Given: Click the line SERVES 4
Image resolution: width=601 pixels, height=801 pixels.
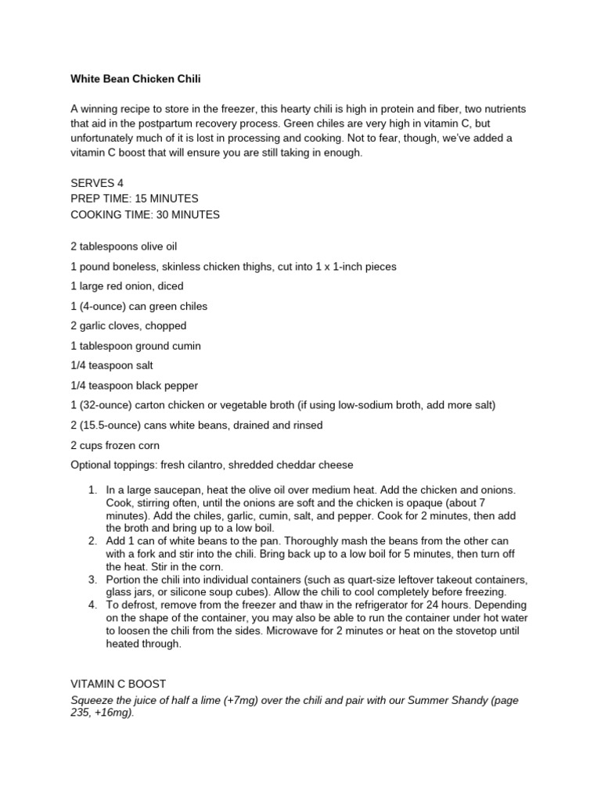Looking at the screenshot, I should click(x=98, y=183).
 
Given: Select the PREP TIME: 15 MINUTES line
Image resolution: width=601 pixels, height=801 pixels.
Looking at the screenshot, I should click(x=135, y=199).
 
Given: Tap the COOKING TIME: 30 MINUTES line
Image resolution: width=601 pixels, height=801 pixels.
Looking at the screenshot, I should click(x=145, y=214).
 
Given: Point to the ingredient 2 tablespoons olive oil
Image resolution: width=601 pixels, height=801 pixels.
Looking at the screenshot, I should click(x=129, y=246).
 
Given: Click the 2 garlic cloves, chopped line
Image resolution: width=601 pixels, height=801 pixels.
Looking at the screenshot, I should click(x=128, y=326).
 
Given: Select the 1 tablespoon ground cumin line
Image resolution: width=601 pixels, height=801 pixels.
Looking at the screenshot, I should click(x=135, y=346).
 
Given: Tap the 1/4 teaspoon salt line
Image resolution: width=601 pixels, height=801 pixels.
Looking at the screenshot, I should click(x=112, y=365).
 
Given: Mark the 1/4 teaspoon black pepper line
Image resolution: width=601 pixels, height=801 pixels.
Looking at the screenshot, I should click(x=134, y=386).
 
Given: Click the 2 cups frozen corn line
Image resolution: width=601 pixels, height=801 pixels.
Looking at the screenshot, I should click(x=115, y=445).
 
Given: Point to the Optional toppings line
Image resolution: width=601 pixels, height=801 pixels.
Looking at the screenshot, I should click(x=211, y=465).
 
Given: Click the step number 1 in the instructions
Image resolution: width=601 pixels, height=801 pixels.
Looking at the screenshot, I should click(x=92, y=490).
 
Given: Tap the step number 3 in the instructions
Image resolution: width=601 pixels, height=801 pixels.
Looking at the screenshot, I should click(x=92, y=580).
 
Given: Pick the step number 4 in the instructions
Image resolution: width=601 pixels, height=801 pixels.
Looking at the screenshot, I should click(x=92, y=605).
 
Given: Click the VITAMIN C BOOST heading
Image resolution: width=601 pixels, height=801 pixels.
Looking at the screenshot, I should click(x=118, y=684).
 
